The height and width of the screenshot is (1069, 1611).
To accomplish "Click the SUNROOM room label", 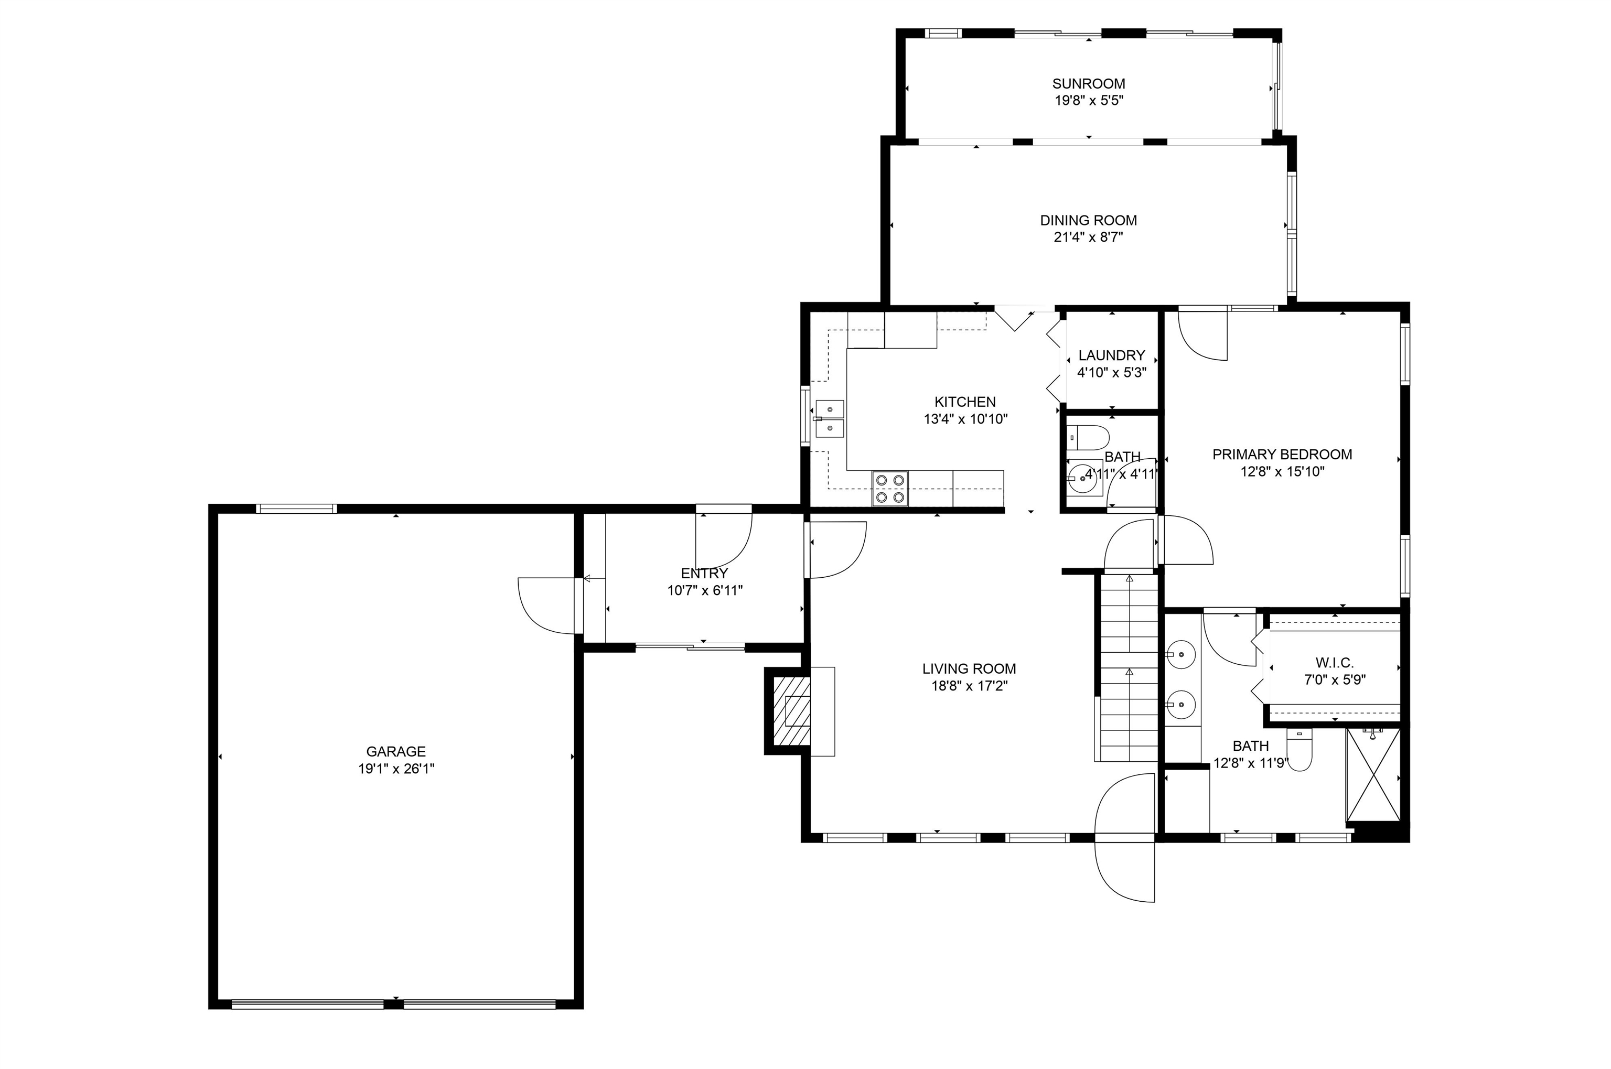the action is [1088, 84].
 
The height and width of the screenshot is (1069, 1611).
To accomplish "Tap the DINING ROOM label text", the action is [1088, 220].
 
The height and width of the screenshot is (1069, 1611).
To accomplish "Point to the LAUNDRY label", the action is [1111, 355].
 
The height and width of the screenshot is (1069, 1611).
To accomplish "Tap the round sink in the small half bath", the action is [1082, 479].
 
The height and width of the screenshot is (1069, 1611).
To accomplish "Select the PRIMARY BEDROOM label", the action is [1282, 454].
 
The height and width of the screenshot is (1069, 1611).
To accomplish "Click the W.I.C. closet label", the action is [1334, 663].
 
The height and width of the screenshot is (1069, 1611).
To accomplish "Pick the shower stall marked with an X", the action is [1372, 775].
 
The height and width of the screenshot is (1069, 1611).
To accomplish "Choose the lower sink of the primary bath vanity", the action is [1181, 701].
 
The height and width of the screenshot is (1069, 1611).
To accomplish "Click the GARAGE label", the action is [395, 751].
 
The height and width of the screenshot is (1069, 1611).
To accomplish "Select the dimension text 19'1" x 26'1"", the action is [396, 769].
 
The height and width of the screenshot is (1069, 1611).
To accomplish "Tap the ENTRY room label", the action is [704, 574].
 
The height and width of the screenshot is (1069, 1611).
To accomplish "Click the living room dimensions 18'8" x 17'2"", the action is [970, 686].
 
